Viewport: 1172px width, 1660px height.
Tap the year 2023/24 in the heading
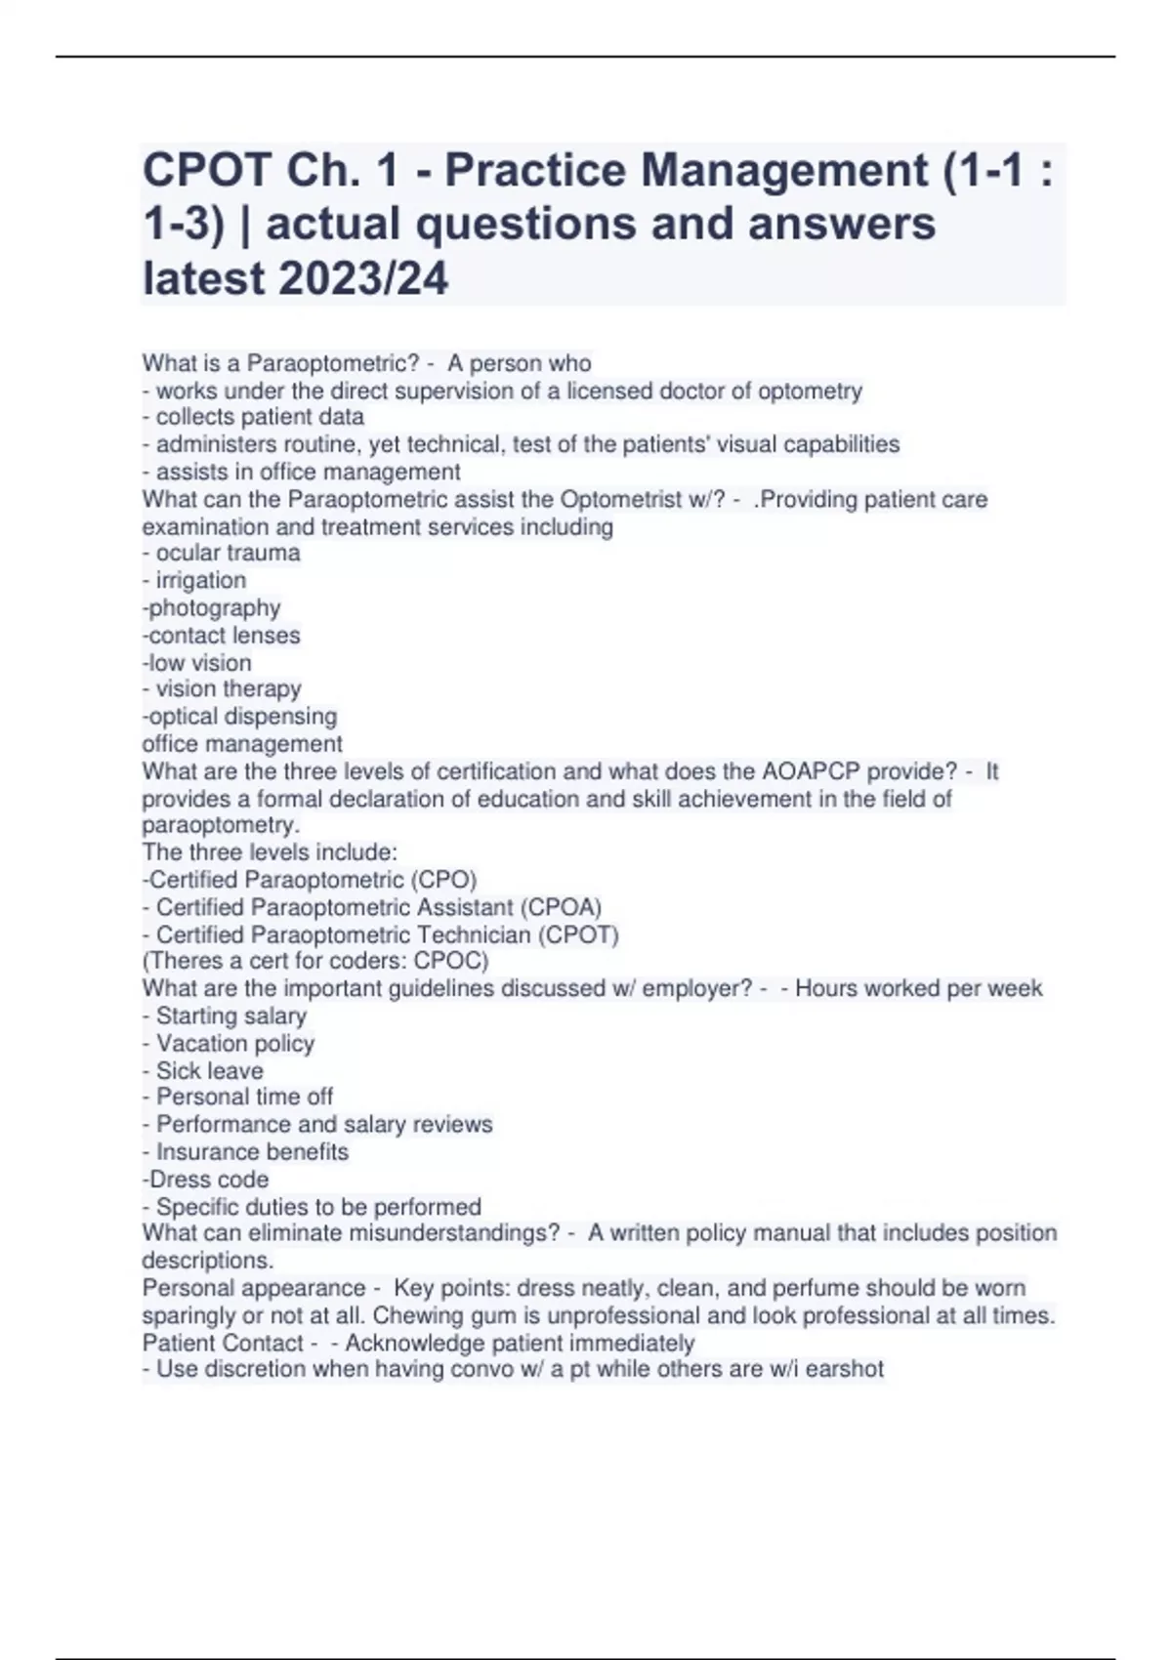point(363,278)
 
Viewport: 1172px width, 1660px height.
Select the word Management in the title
point(782,171)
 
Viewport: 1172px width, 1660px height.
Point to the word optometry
point(810,391)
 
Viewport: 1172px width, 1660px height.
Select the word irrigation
point(200,580)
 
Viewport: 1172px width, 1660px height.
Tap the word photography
point(214,607)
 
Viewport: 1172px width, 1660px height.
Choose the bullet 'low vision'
point(199,662)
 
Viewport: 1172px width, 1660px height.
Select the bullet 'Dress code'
point(208,1179)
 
